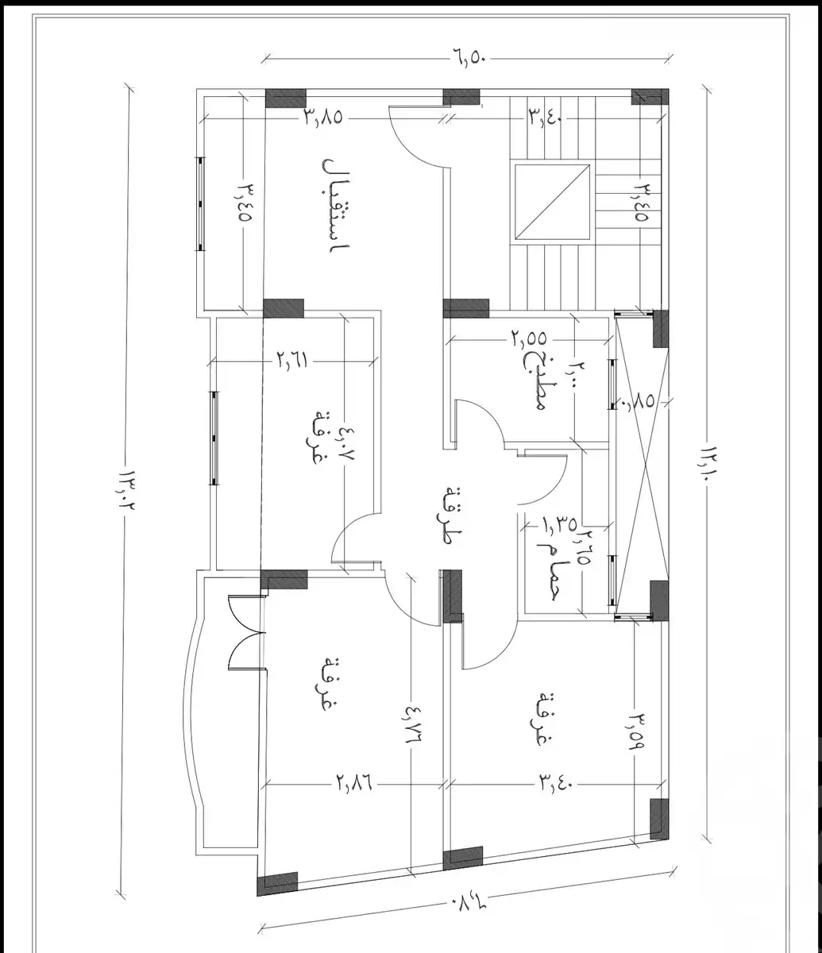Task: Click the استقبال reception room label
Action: tap(334, 204)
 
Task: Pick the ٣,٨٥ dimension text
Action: tap(322, 118)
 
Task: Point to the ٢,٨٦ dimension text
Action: tap(353, 783)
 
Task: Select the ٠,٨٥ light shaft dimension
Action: tap(640, 403)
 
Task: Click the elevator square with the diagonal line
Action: tap(554, 202)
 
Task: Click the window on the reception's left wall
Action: tap(200, 203)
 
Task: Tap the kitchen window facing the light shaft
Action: tap(612, 384)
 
